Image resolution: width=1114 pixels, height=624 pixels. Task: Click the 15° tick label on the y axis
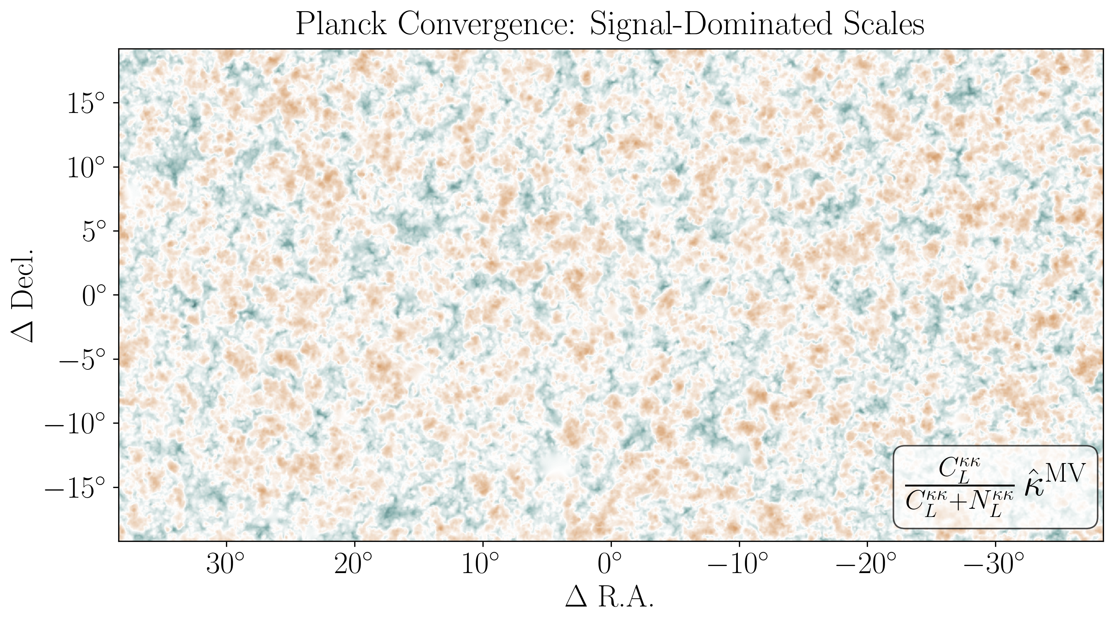pos(87,104)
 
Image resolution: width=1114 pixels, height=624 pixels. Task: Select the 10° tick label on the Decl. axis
pos(87,168)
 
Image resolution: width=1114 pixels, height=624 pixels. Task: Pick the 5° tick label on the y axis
pos(93,232)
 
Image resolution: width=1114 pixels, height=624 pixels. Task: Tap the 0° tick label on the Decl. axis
pos(93,296)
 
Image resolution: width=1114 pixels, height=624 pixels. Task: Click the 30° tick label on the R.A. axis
pos(226,565)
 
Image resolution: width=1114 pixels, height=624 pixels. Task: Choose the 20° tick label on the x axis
pos(354,565)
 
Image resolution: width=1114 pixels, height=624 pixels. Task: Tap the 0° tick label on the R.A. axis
pos(611,565)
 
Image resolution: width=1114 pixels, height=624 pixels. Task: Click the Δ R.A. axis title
pos(610,598)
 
